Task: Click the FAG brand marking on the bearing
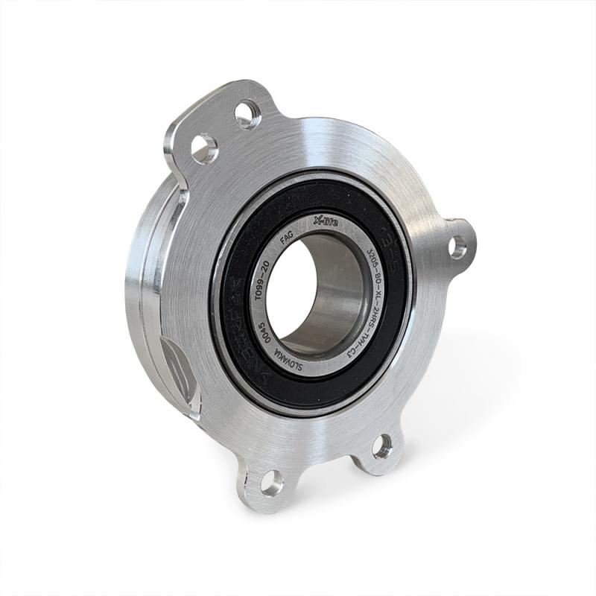(x=285, y=242)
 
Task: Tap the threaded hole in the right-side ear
(x=457, y=247)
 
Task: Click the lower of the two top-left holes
(x=203, y=148)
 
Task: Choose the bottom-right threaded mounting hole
(x=381, y=446)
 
